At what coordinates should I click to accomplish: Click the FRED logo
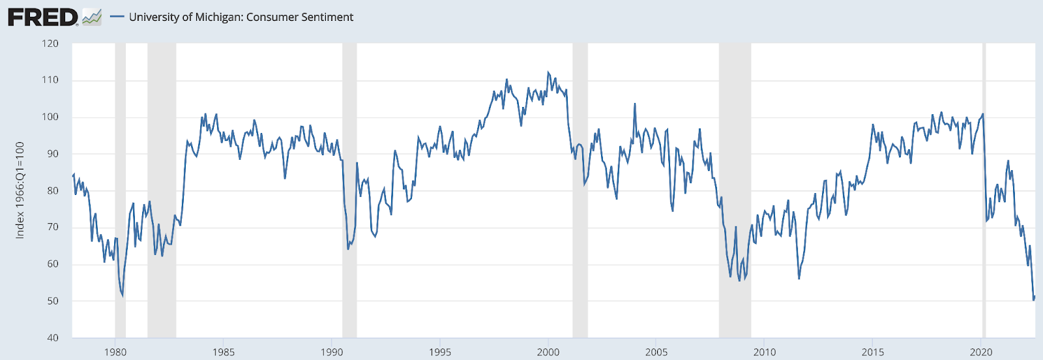coord(43,17)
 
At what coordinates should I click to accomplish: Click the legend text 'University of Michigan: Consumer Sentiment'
coord(241,17)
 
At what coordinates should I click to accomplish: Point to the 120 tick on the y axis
coord(50,44)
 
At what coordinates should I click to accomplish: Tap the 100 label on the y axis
coord(50,117)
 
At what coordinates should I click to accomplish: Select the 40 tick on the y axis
coord(53,338)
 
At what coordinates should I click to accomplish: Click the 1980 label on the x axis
coord(115,352)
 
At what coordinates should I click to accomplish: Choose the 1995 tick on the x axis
coord(440,352)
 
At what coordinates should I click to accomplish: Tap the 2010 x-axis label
coord(765,352)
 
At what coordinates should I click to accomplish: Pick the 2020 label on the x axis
coord(981,352)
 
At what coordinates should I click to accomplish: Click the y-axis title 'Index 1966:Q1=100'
coord(20,190)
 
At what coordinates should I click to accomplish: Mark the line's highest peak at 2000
coord(548,72)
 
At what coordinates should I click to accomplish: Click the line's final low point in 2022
coord(1033,299)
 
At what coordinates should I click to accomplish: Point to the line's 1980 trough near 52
coord(122,295)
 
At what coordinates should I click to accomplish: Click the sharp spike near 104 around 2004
coord(634,104)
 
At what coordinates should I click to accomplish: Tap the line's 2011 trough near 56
coord(799,278)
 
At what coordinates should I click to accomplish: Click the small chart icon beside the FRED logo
coord(92,17)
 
